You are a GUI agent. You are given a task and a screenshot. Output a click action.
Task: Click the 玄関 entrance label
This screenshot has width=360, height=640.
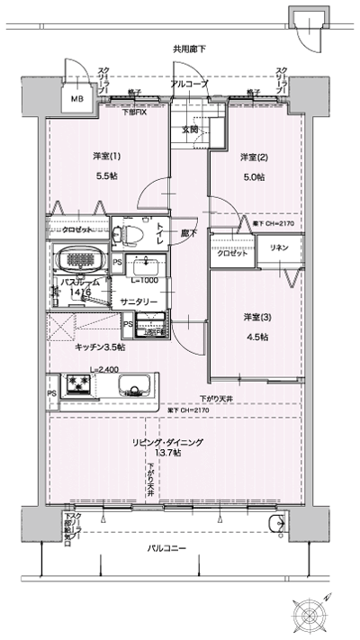[191, 130]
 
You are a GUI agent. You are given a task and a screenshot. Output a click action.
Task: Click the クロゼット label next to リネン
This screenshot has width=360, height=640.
[232, 254]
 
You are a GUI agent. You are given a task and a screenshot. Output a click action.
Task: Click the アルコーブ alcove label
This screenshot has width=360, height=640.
[189, 84]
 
